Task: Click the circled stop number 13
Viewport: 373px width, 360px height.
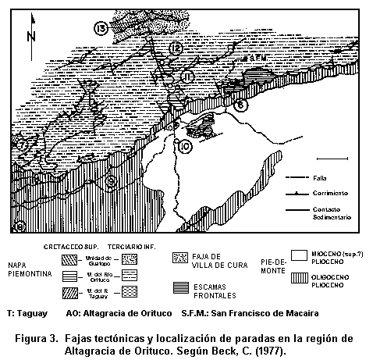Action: [x=100, y=29]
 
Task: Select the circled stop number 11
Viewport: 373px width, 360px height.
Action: [x=186, y=76]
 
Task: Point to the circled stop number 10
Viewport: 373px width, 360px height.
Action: [x=185, y=146]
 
